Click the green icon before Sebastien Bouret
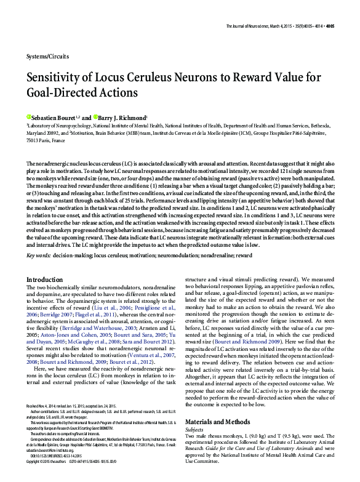[x=28, y=117]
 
